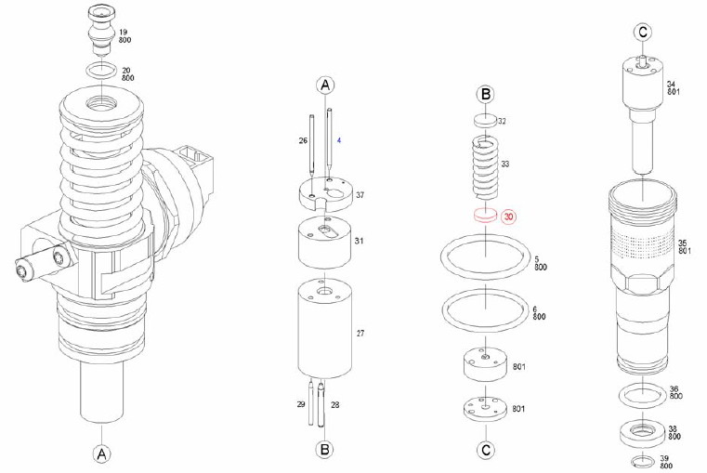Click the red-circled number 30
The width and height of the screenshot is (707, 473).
(x=510, y=217)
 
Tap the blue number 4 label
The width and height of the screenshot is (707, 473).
(x=339, y=140)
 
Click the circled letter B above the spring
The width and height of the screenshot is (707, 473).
(x=485, y=94)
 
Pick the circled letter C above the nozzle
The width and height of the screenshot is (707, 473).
(x=642, y=33)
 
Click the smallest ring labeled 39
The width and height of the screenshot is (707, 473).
(x=642, y=461)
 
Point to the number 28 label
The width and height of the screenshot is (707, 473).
(x=334, y=405)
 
